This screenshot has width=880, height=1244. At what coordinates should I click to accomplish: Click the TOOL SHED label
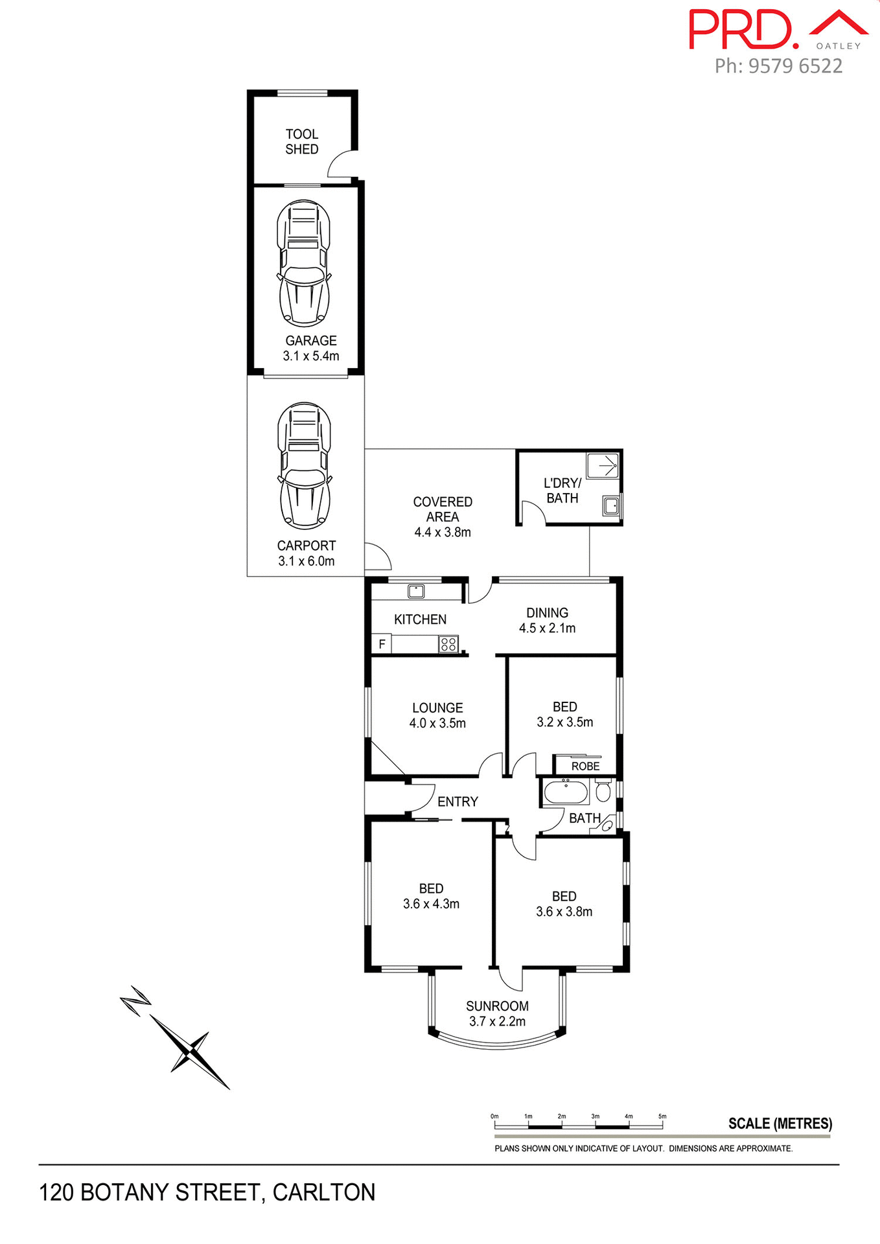(302, 141)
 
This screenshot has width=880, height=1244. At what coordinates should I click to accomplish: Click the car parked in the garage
(304, 263)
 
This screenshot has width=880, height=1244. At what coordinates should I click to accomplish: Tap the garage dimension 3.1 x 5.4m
(311, 356)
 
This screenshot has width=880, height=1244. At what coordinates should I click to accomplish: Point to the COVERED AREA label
(443, 509)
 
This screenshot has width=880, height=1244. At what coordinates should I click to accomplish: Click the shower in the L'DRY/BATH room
(603, 465)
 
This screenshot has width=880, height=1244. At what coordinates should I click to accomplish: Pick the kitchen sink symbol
(415, 590)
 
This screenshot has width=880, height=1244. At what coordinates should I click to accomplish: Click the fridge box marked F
(382, 644)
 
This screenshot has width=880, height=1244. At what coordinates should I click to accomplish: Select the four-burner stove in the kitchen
(448, 644)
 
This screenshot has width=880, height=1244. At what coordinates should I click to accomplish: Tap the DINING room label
(547, 612)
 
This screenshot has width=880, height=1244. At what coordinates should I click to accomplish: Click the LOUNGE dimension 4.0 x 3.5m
(437, 723)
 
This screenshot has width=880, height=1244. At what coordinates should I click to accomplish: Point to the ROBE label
(585, 766)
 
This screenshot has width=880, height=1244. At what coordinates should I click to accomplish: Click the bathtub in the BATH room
(565, 792)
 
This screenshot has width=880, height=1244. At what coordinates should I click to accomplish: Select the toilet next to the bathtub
(603, 790)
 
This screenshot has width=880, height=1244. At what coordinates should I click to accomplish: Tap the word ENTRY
(457, 801)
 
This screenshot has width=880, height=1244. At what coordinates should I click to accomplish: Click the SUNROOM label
(497, 1006)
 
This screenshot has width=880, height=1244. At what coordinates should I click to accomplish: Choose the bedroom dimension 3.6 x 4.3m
(431, 904)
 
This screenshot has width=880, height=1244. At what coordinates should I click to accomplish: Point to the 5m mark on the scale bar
(662, 1116)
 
